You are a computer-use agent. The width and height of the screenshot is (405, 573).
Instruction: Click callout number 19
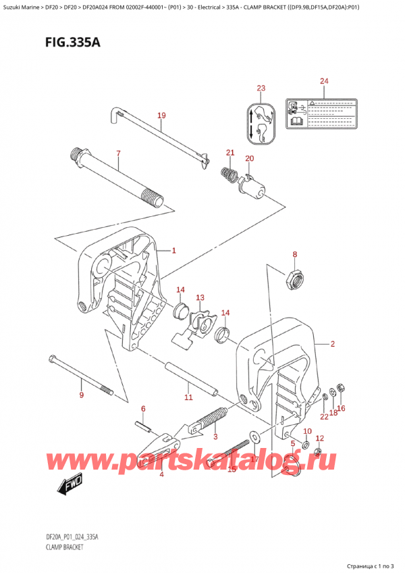(x=161, y=116)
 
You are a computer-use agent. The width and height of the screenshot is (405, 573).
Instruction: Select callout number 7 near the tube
(x=118, y=153)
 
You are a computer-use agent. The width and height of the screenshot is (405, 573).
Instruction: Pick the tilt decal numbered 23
(x=261, y=122)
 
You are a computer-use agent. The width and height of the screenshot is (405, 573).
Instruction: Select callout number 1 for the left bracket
(x=173, y=251)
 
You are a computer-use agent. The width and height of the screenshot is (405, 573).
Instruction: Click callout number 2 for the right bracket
(x=333, y=344)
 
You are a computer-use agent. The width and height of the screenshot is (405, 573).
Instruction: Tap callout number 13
(x=200, y=297)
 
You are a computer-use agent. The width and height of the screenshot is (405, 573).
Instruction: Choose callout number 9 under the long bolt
(x=81, y=395)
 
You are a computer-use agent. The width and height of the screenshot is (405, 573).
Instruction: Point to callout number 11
(x=189, y=397)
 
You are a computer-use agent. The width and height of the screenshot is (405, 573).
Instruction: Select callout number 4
(x=161, y=474)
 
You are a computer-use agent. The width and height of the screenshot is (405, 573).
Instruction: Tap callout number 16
(x=341, y=408)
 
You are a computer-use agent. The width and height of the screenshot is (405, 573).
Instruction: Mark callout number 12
(x=320, y=439)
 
